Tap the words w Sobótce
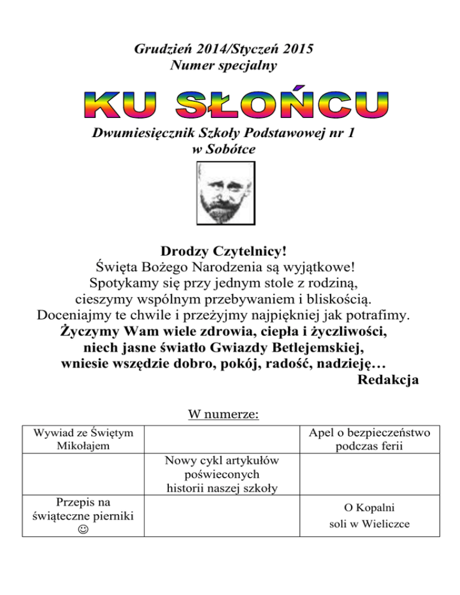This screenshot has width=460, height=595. pos(223,150)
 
